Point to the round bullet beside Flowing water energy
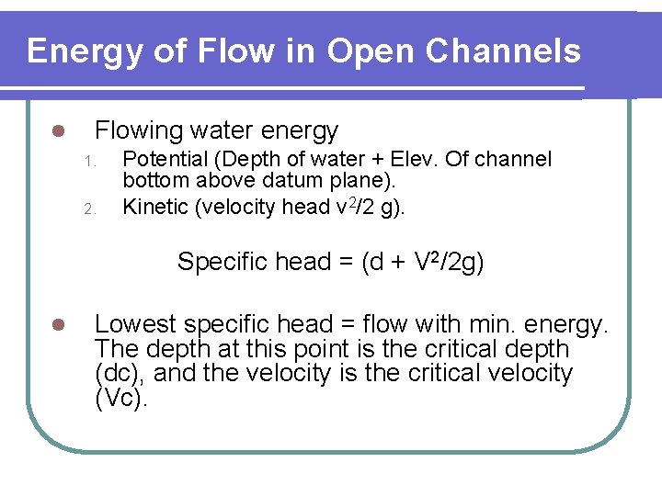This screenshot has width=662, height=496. pos(57,132)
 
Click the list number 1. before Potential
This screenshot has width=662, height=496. pos(89,162)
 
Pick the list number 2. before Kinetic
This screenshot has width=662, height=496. pos(89,209)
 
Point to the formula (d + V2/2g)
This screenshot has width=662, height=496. pos(423,262)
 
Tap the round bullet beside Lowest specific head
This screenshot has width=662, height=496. pos(57,325)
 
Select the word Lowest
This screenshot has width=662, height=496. pos(134,324)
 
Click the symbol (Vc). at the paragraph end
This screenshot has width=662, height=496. pos(121,399)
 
